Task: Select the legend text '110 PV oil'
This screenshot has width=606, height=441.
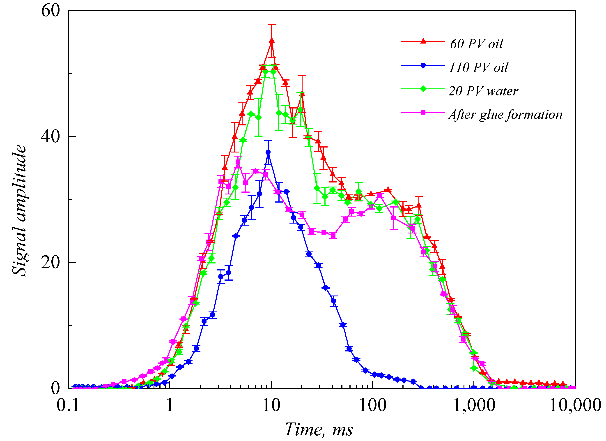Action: point(478,67)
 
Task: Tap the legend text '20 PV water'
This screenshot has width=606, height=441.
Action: point(483,91)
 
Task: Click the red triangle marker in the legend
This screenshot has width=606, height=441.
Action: point(423,41)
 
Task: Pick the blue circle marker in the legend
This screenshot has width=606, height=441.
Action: point(423,65)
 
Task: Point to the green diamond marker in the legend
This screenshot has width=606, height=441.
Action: point(423,89)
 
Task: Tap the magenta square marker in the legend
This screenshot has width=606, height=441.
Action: point(423,112)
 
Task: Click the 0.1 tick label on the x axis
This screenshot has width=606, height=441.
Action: point(68,405)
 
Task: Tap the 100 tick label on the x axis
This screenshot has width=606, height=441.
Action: point(372,405)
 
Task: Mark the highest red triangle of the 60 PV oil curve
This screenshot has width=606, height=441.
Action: point(272,41)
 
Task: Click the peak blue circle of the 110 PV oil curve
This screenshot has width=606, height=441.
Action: point(268,152)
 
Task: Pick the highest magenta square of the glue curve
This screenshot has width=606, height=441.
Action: point(238,162)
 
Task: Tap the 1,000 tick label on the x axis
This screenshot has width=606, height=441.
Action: point(474,405)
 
